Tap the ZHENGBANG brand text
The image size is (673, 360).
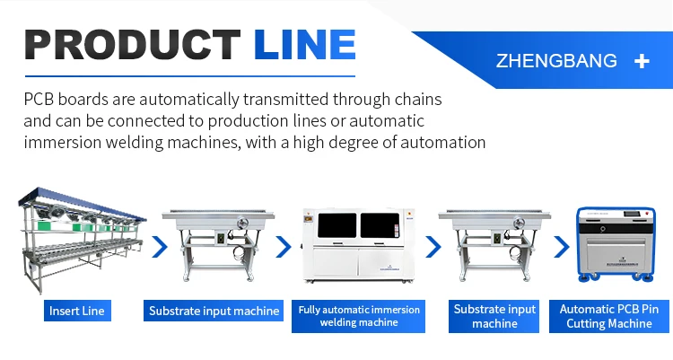[556, 61]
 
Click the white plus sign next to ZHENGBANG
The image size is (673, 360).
[642, 61]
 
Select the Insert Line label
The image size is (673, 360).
[77, 312]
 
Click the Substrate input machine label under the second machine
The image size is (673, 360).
[214, 312]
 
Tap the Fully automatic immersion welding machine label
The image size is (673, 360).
[358, 316]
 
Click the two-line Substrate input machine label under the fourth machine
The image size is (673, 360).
[494, 316]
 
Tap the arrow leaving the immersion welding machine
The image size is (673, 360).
[433, 247]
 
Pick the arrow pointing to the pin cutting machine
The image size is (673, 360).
[562, 247]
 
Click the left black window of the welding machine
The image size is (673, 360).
[331, 228]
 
